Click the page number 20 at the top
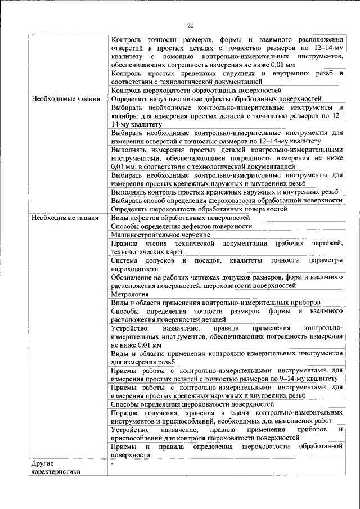pos(190,25)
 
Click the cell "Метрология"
pos(129,294)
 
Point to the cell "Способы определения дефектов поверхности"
pos(181,226)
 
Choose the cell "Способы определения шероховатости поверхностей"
pos(192,404)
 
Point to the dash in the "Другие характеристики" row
pos(112,465)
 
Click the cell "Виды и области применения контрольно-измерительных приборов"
pos(216,303)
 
